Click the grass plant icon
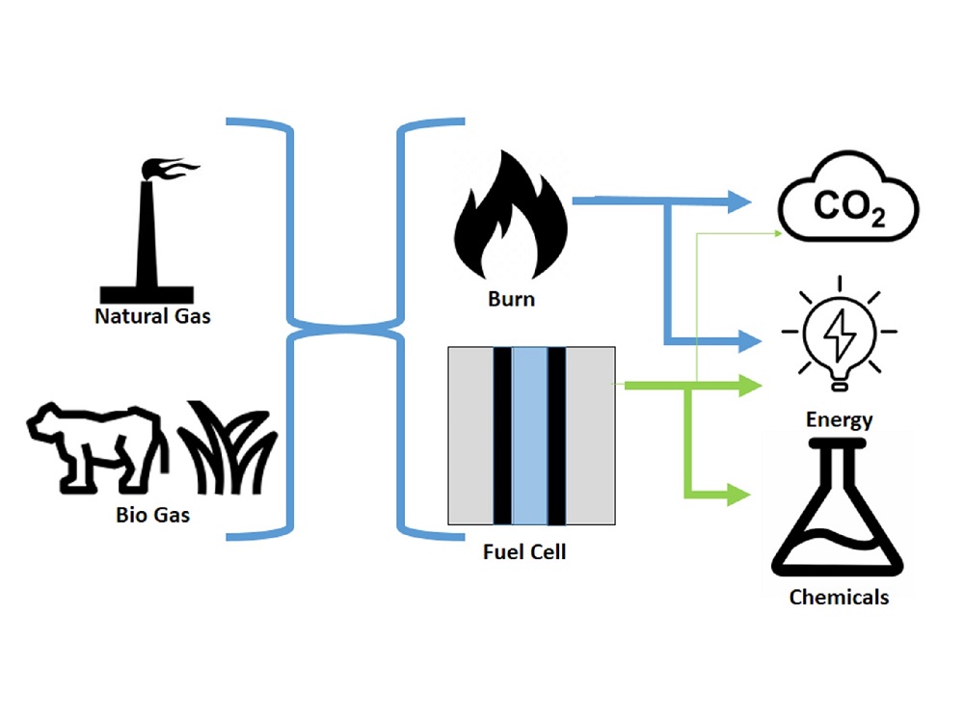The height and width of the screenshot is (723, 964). tap(229, 447)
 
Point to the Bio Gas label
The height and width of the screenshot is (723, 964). tap(152, 514)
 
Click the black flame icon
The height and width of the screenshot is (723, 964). tap(511, 220)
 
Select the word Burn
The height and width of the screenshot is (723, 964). tap(511, 298)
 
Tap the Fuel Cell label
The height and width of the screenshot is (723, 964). tap(523, 552)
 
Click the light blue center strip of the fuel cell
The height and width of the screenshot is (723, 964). tap(529, 437)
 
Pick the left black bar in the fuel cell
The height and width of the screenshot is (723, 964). tap(502, 437)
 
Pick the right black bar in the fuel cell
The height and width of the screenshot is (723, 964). tap(556, 437)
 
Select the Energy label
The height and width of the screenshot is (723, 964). tap(839, 419)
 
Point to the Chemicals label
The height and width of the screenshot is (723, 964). tap(839, 597)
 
